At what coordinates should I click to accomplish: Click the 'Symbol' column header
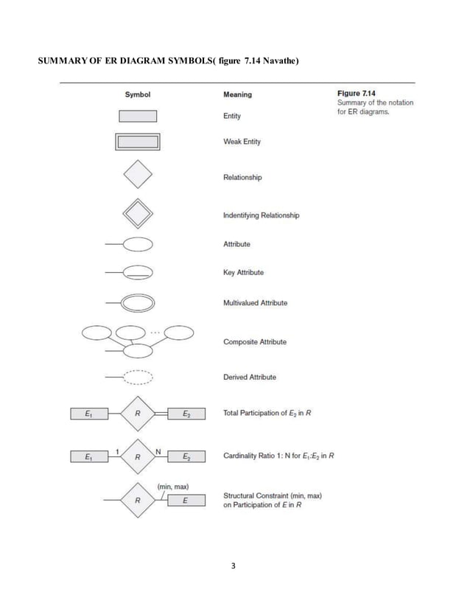(x=137, y=94)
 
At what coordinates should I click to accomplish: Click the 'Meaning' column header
(x=236, y=94)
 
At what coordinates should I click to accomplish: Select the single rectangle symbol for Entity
(x=138, y=116)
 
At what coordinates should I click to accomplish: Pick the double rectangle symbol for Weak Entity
(x=138, y=142)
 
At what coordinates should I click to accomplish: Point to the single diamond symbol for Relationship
(x=138, y=175)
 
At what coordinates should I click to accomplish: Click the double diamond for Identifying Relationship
(x=138, y=215)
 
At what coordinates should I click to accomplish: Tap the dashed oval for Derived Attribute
(x=138, y=377)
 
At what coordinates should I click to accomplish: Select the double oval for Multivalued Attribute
(x=138, y=303)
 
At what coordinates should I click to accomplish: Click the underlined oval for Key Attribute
(x=138, y=273)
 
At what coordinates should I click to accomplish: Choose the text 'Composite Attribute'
(x=254, y=342)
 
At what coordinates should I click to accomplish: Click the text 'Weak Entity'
(x=242, y=142)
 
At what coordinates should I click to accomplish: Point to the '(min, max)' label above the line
(x=173, y=487)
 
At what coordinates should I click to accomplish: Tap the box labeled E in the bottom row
(x=185, y=501)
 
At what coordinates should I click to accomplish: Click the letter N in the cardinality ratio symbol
(x=158, y=450)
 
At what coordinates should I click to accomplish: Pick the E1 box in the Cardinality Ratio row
(x=88, y=457)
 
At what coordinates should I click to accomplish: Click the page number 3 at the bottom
(x=234, y=566)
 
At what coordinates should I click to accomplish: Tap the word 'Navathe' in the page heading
(x=276, y=59)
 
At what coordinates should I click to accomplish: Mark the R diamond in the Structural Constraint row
(x=138, y=501)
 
